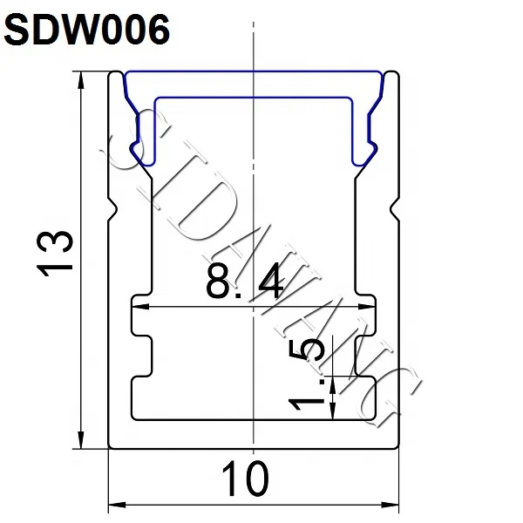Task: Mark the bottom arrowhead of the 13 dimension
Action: click(82, 444)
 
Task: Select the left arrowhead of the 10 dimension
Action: click(113, 506)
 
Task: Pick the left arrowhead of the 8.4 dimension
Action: click(136, 307)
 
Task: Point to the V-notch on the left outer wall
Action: click(113, 208)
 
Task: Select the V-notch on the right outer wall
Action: click(393, 208)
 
